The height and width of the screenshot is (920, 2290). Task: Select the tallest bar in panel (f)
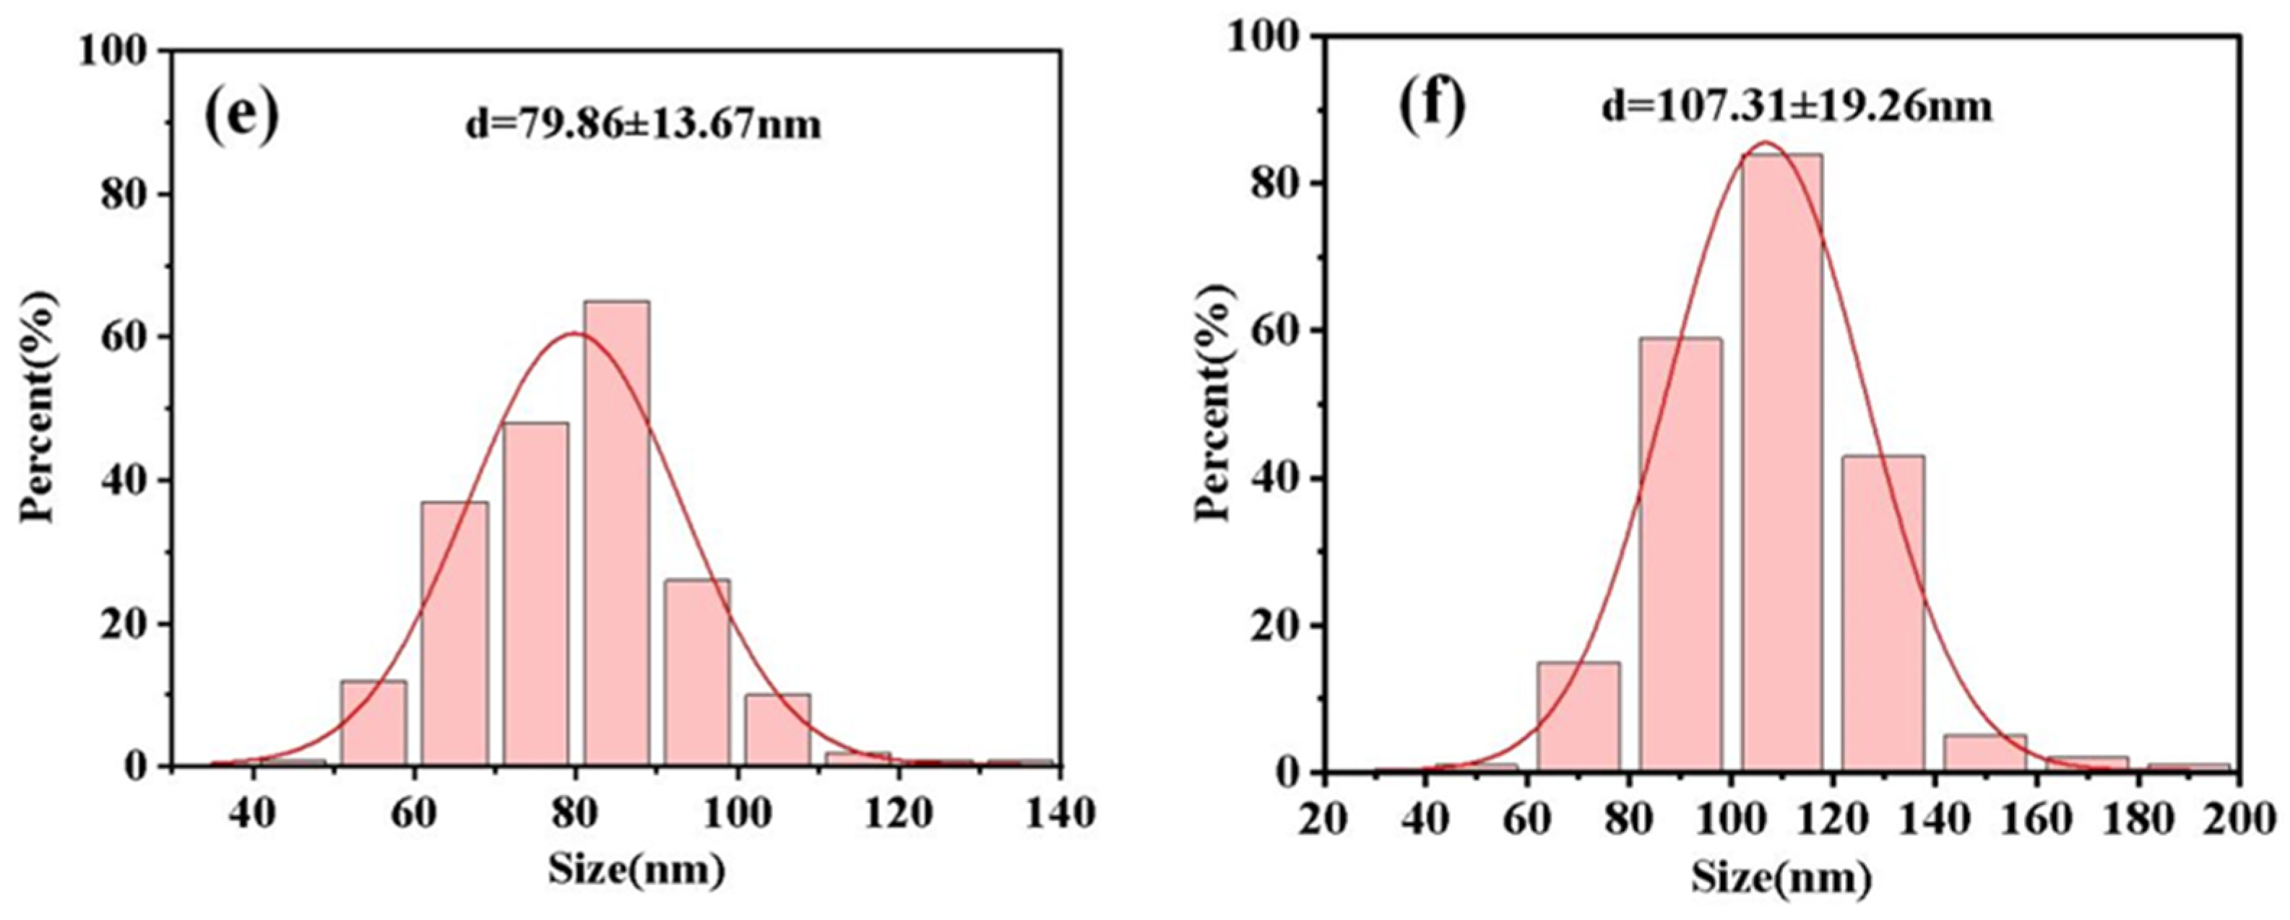[x=1781, y=462]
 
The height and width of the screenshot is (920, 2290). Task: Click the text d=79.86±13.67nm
[x=644, y=124]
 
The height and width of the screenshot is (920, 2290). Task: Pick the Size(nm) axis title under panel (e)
[x=636, y=870]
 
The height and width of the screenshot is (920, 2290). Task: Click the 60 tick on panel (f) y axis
[x=1272, y=331]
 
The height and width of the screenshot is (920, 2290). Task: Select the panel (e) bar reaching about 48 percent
[x=535, y=593]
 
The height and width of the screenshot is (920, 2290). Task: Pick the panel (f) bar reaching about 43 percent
[x=1883, y=613]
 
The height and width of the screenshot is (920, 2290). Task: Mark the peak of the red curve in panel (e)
[x=574, y=334]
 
